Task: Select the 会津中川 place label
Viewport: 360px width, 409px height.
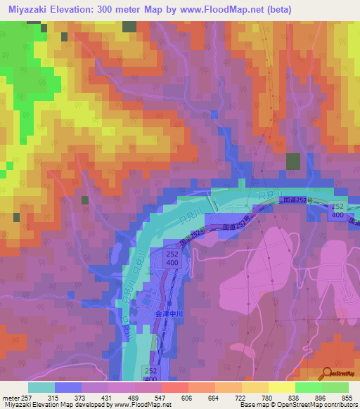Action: (x=169, y=316)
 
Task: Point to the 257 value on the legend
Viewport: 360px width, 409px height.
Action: (x=20, y=396)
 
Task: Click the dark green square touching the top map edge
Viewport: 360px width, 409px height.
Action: (x=129, y=26)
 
